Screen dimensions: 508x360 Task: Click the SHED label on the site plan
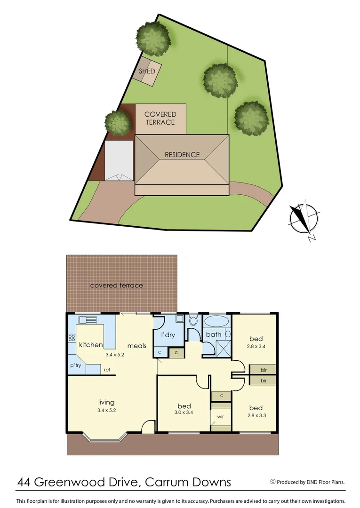point(147,71)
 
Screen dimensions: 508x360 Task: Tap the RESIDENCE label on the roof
point(182,155)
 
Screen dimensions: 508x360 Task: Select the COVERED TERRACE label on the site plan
point(160,118)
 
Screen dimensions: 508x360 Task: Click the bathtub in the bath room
point(216,322)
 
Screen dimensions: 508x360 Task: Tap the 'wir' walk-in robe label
point(220,417)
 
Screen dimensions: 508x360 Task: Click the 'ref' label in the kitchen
point(107,370)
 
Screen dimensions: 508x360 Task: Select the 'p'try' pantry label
point(76,365)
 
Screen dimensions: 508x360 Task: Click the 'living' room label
point(106,402)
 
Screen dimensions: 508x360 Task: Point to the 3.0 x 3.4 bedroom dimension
point(184,413)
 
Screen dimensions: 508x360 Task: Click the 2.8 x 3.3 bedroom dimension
point(256,415)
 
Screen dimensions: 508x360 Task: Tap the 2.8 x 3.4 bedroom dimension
point(256,346)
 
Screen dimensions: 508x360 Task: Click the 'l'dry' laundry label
point(168,335)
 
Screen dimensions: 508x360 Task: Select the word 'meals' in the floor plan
point(136,346)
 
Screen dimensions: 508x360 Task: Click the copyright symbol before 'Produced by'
point(272,481)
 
